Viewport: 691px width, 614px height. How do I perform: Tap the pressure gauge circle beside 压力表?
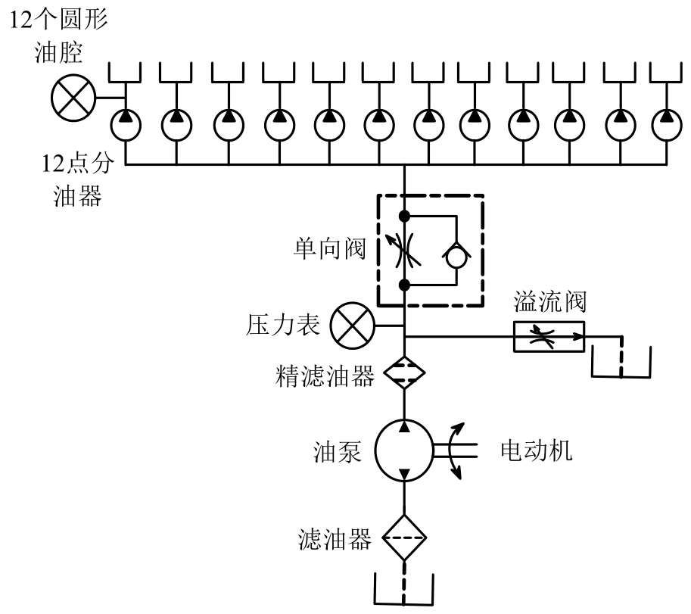tap(350, 326)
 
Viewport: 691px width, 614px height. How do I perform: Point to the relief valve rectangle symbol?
tap(549, 336)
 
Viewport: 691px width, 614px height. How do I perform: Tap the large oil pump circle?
tap(405, 451)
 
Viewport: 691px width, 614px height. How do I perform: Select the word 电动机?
tap(537, 451)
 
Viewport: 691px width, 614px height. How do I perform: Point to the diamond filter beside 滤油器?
tap(405, 539)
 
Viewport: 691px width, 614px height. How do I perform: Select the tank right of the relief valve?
tap(620, 360)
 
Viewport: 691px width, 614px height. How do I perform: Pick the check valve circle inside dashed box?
tap(457, 257)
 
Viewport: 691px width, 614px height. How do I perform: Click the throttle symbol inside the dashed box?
tap(406, 251)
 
